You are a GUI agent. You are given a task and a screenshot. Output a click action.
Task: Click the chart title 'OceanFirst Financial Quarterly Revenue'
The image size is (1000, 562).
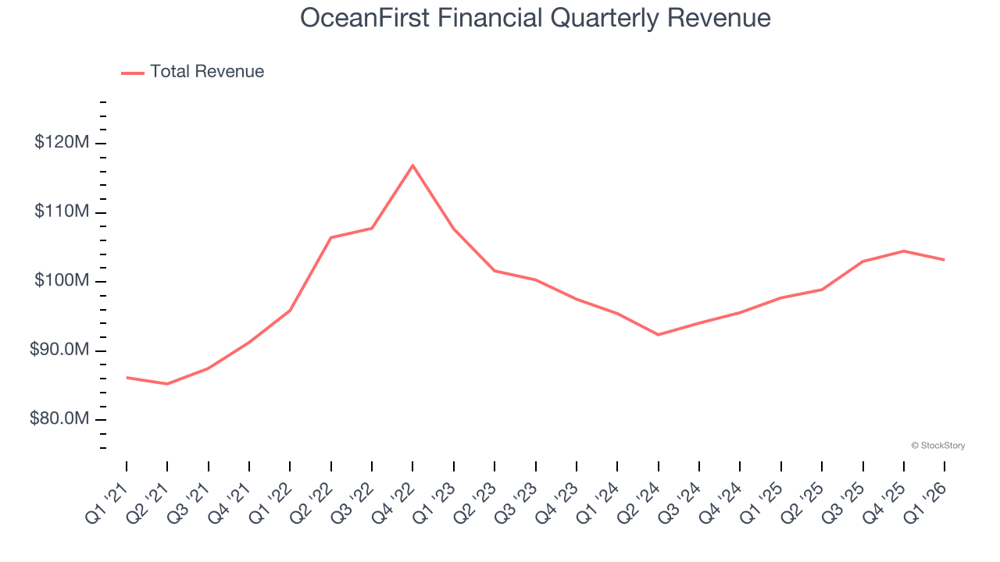coord(535,18)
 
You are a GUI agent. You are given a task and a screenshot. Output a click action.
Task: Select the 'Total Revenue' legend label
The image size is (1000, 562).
coord(207,72)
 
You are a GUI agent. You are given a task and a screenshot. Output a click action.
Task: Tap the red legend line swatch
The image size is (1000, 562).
coord(133,73)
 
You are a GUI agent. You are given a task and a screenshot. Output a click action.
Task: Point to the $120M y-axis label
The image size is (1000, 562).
coord(62,143)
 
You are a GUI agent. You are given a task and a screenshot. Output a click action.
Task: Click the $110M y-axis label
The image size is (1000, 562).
coord(62,212)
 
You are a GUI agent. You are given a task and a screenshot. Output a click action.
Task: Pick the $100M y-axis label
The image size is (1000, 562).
coord(62,281)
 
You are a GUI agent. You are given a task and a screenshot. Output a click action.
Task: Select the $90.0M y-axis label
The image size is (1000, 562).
coord(59,350)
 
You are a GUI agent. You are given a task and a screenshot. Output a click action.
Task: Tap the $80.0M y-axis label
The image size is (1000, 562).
coord(59,419)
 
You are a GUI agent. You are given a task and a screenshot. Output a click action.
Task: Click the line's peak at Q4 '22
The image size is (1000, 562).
coord(412,165)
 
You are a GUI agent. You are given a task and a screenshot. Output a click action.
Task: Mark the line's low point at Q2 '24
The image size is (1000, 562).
coord(658,335)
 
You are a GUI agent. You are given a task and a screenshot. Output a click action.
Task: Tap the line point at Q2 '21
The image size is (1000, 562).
coord(167,384)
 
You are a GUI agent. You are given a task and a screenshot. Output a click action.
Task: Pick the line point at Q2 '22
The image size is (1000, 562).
coord(330,237)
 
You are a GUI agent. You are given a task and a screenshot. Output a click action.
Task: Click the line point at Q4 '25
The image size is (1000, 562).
coord(904,251)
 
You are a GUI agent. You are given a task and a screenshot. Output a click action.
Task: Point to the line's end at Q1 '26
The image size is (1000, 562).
coord(945,260)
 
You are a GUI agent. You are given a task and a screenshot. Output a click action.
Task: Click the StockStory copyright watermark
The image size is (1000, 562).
coord(937,446)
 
